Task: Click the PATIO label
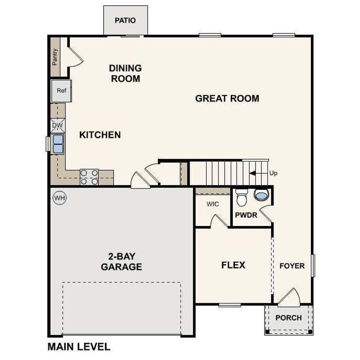[x=125, y=21]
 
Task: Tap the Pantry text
[x=55, y=57]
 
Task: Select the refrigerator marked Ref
[x=61, y=91]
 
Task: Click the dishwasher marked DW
[x=58, y=125]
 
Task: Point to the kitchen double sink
[x=58, y=144]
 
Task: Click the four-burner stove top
[x=89, y=177]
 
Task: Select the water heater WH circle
[x=60, y=198]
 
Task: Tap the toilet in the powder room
[x=241, y=197]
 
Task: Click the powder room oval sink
[x=261, y=195]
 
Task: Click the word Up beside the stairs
[x=273, y=173]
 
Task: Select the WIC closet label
[x=212, y=204]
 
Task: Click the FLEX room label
[x=233, y=265]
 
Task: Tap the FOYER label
[x=292, y=266]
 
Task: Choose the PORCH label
[x=289, y=318]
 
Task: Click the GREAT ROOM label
[x=227, y=98]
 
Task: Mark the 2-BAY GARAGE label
[x=121, y=261]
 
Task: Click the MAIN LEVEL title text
[x=79, y=347]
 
